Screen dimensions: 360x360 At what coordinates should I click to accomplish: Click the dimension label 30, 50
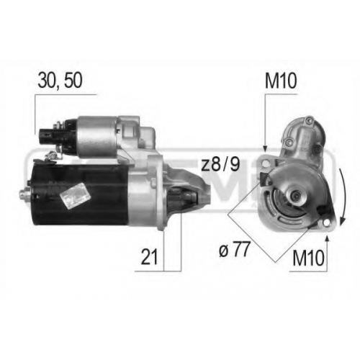(x=60, y=80)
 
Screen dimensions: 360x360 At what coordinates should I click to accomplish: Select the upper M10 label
(x=281, y=81)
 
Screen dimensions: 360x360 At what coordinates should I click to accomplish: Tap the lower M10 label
(x=308, y=258)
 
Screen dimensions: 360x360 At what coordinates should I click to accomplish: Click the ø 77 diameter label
(x=234, y=249)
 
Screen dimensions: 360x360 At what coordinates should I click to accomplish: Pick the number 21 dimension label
(x=149, y=256)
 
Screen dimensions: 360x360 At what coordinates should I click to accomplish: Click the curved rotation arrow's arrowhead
(x=343, y=220)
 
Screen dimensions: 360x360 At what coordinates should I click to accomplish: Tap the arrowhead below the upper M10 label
(x=265, y=148)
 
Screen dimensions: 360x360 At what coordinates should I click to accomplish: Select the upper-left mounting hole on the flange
(x=265, y=164)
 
